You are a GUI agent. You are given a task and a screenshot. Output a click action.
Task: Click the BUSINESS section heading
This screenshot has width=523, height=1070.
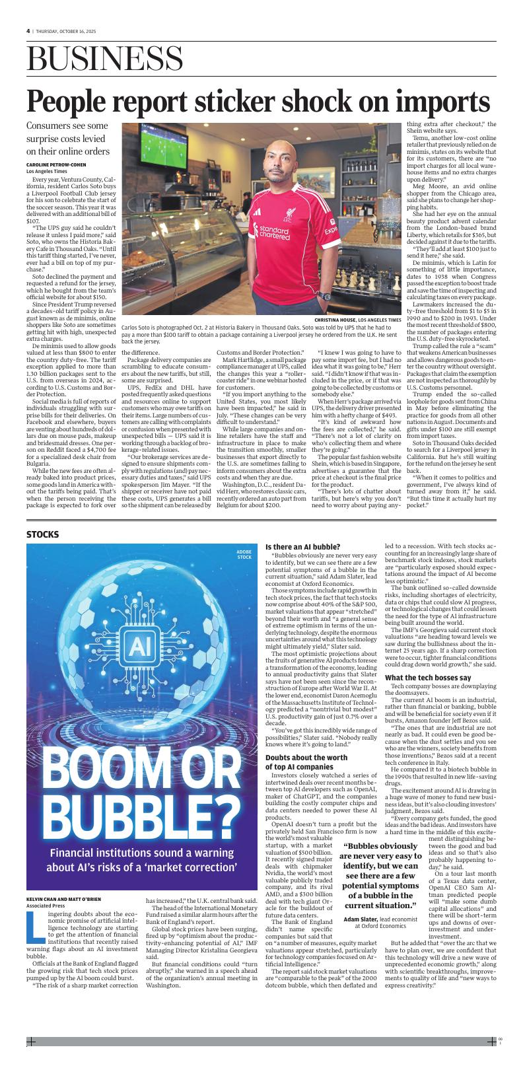(x=105, y=61)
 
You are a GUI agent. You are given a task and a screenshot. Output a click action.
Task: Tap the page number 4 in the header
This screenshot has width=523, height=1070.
(x=28, y=30)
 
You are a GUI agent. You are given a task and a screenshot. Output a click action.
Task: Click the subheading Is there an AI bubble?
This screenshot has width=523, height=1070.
(x=302, y=547)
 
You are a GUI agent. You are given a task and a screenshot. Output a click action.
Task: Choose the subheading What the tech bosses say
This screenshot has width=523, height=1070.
(x=427, y=678)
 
